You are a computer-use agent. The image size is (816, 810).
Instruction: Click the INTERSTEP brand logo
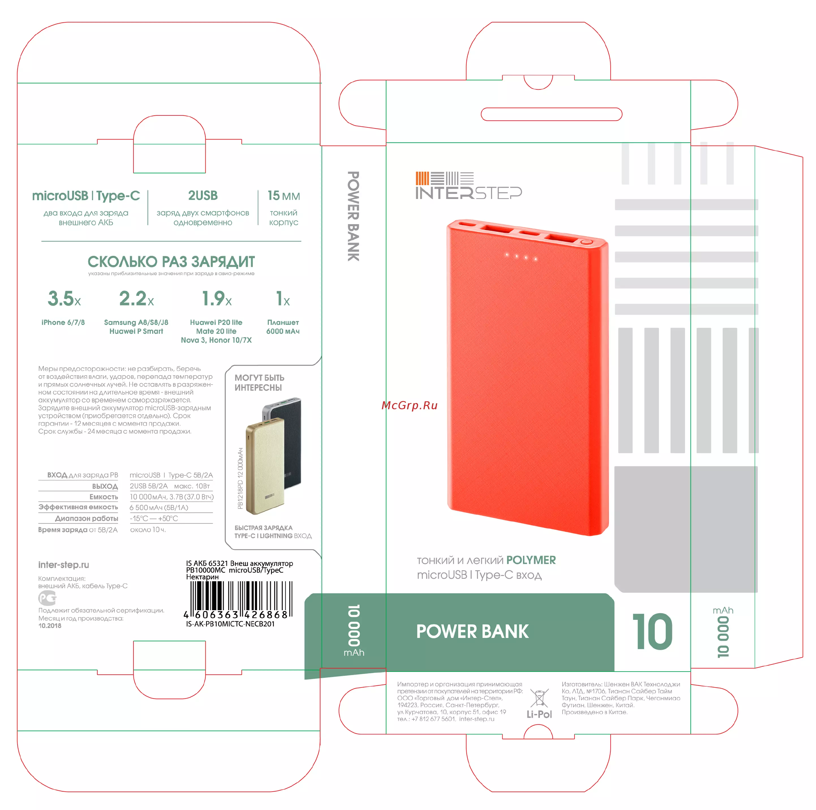pos(468,185)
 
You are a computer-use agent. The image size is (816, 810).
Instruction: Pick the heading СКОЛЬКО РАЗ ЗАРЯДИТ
pos(171,262)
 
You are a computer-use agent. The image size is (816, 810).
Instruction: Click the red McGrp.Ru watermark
pos(409,405)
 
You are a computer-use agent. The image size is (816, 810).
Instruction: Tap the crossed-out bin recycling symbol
pos(539,698)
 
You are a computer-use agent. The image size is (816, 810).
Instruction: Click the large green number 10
pos(652,632)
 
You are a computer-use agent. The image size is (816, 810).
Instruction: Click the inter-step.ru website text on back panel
pos(63,565)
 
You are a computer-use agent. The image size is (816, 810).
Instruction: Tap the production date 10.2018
pos(50,626)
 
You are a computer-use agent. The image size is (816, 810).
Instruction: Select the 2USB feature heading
pos(203,196)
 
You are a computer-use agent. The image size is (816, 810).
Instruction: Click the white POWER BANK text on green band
pos(472,631)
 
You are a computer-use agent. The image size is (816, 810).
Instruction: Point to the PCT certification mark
pos(47,598)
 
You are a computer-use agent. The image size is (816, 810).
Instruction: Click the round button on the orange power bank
pos(586,242)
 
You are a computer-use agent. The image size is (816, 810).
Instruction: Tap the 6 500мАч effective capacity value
pos(159,507)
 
